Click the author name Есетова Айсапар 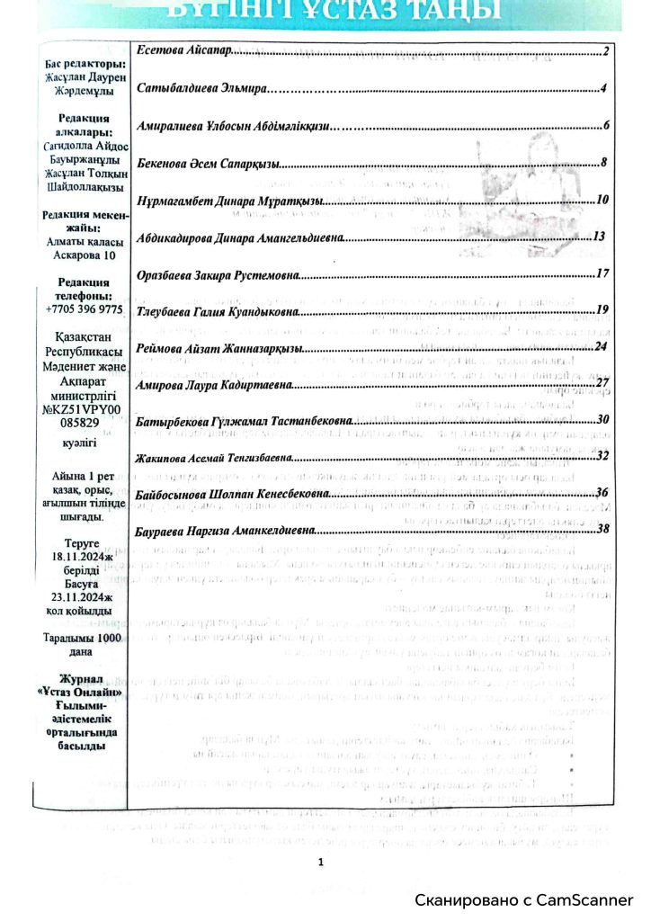[183, 51]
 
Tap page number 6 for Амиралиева [607, 125]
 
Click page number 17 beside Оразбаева [603, 273]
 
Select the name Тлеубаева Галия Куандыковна [216, 310]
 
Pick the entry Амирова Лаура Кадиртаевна [213, 384]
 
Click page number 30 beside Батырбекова [603, 419]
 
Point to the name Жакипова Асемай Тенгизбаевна [212, 457]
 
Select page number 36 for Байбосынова [603, 492]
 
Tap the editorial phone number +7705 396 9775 [84, 308]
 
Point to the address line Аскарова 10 [84, 255]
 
